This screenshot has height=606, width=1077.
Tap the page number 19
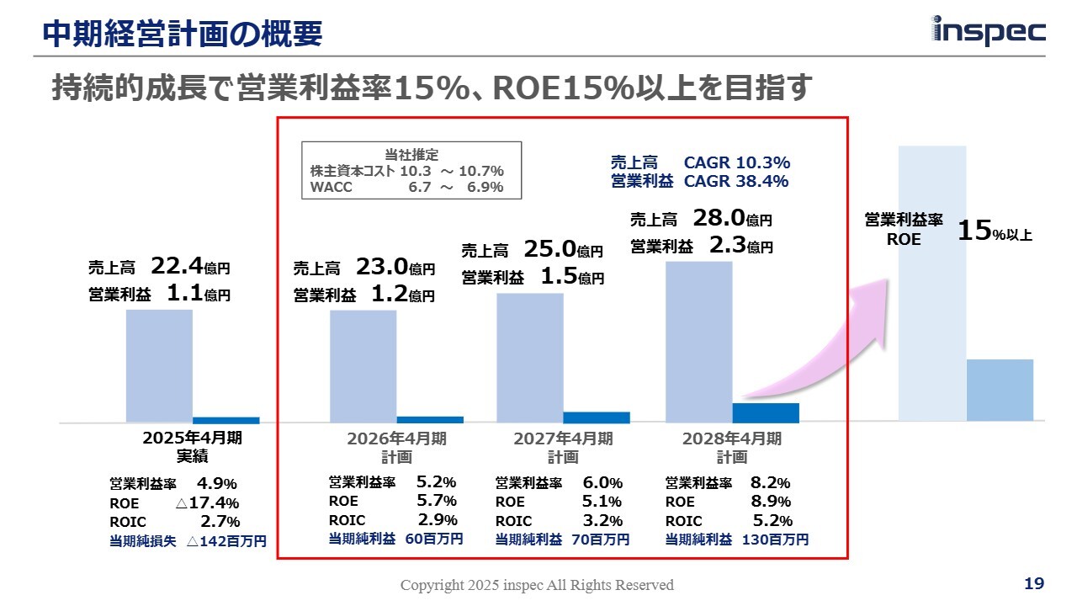[x=1034, y=583]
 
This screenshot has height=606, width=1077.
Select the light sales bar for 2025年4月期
[x=159, y=365]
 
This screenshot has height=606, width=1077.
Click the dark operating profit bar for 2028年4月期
[x=766, y=412]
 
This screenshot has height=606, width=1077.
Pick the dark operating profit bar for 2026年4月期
[x=430, y=418]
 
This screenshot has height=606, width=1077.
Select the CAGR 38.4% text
[x=736, y=181]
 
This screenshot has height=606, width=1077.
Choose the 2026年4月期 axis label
[x=396, y=439]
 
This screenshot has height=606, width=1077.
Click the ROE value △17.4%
[x=208, y=503]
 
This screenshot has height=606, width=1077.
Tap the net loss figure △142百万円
[x=225, y=541]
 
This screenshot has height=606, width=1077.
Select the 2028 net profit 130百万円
[x=775, y=540]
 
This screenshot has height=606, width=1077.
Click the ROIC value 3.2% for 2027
[x=602, y=521]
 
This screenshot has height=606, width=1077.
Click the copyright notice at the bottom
[x=537, y=585]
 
